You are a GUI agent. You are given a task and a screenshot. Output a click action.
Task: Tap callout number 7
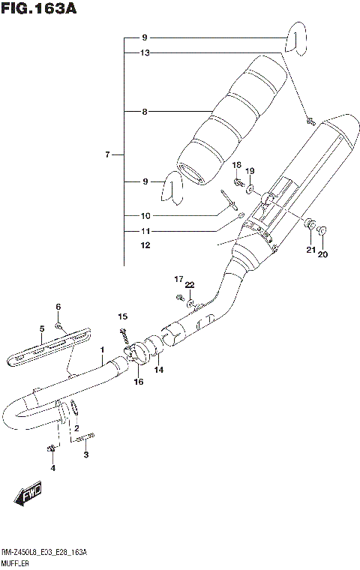pos(108,155)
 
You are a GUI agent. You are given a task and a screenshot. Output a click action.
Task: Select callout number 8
pos(145,112)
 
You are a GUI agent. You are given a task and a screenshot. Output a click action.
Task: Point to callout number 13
pos(145,52)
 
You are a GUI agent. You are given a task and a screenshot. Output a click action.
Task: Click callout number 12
pos(145,245)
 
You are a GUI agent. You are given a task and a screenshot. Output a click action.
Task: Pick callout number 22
pos(190,285)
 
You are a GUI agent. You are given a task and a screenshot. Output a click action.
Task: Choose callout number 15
pos(123,316)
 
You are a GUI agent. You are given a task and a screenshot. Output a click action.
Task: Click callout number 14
pos(158,370)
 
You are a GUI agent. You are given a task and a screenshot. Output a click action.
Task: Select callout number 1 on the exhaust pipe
pos(102,350)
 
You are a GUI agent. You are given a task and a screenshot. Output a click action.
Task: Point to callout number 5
pos(42,328)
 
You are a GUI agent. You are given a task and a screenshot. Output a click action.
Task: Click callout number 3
pos(85,454)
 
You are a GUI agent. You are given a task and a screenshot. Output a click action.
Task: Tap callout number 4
pos(52,469)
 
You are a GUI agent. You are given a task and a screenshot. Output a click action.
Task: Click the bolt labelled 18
pos(237,181)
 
